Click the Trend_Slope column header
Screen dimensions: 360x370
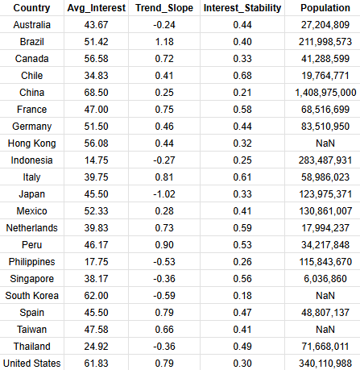tap(164, 8)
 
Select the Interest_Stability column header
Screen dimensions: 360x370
tap(242, 8)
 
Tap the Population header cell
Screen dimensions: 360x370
tap(325, 8)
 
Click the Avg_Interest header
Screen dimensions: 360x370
tap(96, 8)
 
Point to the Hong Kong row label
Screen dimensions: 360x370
tap(31, 143)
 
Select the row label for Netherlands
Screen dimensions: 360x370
tap(31, 228)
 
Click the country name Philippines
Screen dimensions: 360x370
tap(31, 262)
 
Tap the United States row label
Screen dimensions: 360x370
tap(31, 364)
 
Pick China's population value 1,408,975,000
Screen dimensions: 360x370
tap(325, 93)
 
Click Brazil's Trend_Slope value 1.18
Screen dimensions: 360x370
tap(164, 42)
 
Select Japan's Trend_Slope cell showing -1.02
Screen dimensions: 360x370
tap(164, 194)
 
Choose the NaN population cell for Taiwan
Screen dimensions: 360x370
tap(325, 330)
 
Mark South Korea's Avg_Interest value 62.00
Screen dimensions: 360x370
tap(96, 296)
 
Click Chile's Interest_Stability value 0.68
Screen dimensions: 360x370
tap(242, 76)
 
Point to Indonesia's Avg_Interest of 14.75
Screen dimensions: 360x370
tap(96, 160)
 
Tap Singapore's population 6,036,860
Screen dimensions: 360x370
tap(325, 279)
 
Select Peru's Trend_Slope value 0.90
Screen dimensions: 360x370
tap(164, 245)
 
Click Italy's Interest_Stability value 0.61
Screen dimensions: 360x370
tap(242, 177)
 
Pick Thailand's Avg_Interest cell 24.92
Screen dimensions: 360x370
tap(96, 347)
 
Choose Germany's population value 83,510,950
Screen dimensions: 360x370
tap(325, 127)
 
